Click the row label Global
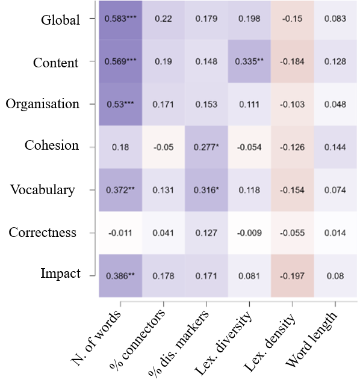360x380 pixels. click(x=60, y=20)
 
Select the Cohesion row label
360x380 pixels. click(x=52, y=146)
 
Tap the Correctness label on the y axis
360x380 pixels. click(x=43, y=232)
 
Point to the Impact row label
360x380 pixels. click(x=60, y=274)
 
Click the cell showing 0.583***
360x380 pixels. click(x=120, y=19)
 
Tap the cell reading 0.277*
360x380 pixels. click(x=206, y=147)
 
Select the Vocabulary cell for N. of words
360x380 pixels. click(x=120, y=190)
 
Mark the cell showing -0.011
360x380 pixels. click(x=120, y=233)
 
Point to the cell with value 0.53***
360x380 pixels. click(x=120, y=105)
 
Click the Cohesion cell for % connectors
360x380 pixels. click(x=163, y=147)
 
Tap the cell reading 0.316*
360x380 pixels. click(x=206, y=190)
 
